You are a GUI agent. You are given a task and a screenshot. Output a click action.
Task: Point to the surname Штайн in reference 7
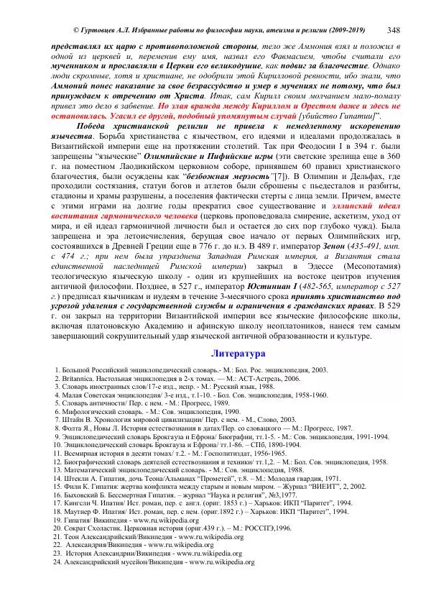click(x=73, y=418)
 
